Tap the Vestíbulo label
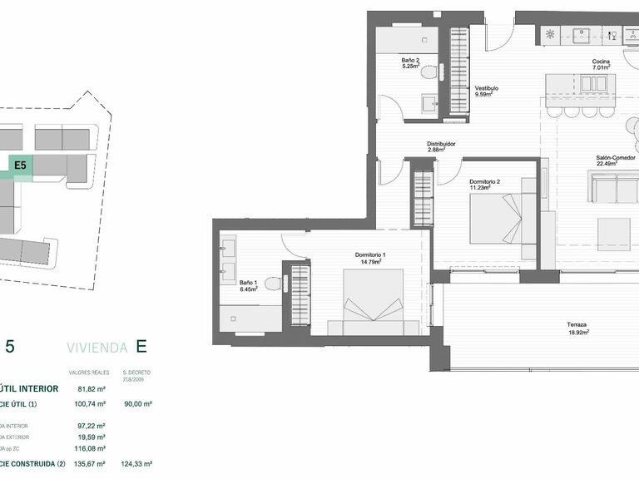[487, 87]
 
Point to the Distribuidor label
[441, 143]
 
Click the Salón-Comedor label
[615, 157]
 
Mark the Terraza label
[577, 324]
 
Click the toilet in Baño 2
[428, 72]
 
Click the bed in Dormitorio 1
[374, 303]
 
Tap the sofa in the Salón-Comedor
[614, 190]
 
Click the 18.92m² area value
[577, 332]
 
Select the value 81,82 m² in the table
[92, 388]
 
